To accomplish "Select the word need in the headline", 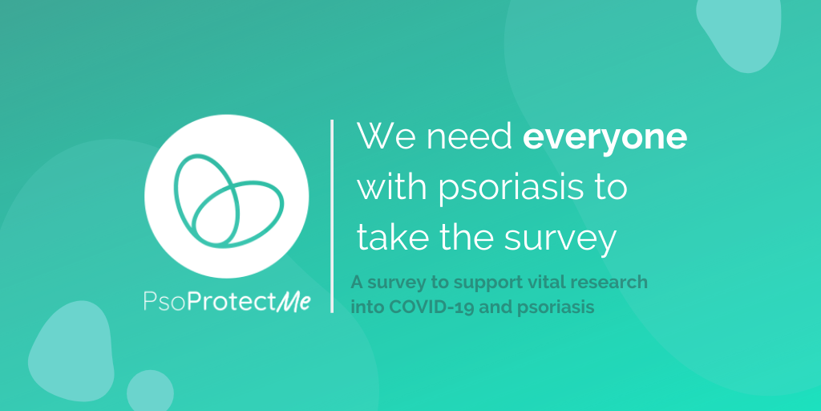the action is tap(468, 136).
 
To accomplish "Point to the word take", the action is tap(393, 238).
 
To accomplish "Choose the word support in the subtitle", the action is tap(475, 283).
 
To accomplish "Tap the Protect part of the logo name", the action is tap(232, 302).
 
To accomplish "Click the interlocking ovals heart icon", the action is tap(229, 200).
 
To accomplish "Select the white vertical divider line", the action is tap(332, 216).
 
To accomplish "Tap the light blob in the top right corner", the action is tap(738, 32).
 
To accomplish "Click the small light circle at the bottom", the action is tap(150, 391).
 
